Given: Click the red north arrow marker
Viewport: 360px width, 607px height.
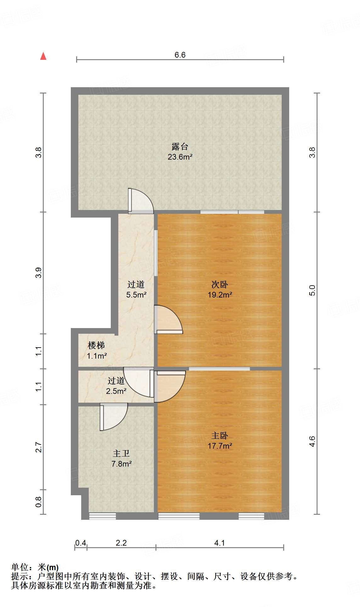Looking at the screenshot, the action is [43, 56].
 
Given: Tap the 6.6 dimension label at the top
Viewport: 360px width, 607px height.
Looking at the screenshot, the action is [180, 55].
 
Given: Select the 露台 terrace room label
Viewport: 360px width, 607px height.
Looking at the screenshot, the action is [180, 146].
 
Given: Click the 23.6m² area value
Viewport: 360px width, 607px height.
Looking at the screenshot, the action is [180, 157].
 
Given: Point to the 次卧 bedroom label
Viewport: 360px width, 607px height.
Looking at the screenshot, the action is [220, 284].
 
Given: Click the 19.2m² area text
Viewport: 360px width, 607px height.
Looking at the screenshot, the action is [220, 295].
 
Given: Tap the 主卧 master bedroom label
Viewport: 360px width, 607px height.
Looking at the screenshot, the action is [220, 435].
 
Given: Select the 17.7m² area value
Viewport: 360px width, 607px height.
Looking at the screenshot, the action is [220, 446].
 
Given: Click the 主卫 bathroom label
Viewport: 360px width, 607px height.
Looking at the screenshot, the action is [121, 453].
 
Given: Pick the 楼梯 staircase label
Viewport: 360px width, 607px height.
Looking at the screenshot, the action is [96, 345].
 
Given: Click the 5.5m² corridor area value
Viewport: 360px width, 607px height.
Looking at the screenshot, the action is [136, 295].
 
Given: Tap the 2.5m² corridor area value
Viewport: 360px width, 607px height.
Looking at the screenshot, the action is [116, 391].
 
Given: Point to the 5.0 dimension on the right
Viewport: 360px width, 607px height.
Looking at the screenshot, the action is [312, 290].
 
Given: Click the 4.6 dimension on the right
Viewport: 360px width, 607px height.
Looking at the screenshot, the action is [312, 441].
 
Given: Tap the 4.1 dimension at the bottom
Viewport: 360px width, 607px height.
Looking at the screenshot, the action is [219, 543].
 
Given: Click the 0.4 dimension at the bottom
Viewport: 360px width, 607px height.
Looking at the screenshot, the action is [81, 543].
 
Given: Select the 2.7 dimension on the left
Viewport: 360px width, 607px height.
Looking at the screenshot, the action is [38, 447].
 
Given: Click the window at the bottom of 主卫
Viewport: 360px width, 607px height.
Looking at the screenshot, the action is [103, 516].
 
